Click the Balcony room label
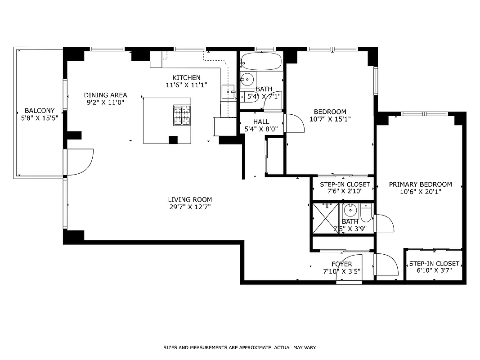pos(40,111)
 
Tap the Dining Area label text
pos(106,95)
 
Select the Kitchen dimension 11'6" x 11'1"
pos(186,85)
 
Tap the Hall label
pos(261,121)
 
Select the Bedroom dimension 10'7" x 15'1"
pos(330,119)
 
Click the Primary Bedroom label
pos(420,184)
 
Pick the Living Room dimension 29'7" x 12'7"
pos(190,207)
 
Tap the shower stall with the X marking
pos(325,218)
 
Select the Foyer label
pos(342,264)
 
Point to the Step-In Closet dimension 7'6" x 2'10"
pos(345,191)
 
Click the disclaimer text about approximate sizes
pos(240,347)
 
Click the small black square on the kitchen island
pos(173,139)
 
